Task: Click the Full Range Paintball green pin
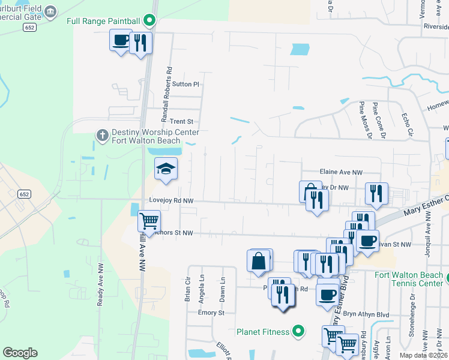[151, 21]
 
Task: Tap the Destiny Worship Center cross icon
[103, 134]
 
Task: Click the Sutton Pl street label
[185, 84]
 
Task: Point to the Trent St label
[181, 121]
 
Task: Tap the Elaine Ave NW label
[342, 172]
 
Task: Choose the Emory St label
[211, 313]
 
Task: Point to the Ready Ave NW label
[100, 285]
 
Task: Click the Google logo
[20, 353]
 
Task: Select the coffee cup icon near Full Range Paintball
[120, 40]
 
